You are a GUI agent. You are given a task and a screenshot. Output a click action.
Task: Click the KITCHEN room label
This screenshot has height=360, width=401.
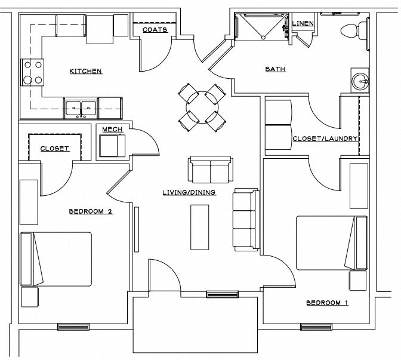[x=86, y=72]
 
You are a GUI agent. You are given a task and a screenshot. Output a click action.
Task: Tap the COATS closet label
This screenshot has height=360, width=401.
[x=155, y=29]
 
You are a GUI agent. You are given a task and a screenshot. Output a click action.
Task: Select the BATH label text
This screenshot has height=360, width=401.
[x=275, y=70]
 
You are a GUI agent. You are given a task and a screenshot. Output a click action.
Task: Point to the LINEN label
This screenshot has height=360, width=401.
[x=303, y=23]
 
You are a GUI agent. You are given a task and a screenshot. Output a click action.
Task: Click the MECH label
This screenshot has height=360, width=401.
[x=112, y=130]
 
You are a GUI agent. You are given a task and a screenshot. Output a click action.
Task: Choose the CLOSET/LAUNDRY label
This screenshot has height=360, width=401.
[x=325, y=139]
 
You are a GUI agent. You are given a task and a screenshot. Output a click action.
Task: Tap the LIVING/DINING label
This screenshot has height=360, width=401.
[x=189, y=192]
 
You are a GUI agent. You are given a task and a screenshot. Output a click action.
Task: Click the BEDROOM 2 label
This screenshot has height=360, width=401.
[x=91, y=211]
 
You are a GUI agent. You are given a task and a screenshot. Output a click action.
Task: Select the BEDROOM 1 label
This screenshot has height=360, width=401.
[x=327, y=303]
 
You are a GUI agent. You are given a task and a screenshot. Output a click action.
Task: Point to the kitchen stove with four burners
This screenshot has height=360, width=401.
[x=33, y=72]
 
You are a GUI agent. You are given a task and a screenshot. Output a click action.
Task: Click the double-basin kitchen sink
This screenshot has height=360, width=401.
[x=81, y=109]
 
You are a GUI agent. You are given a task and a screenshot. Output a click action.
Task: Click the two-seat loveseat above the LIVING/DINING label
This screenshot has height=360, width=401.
[x=210, y=170]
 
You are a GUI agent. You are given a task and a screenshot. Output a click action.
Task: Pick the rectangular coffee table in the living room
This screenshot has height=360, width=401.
[x=199, y=227]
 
